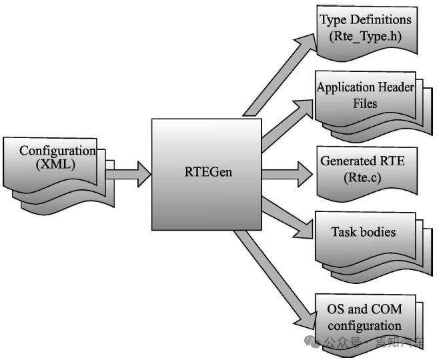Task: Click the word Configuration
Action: pyautogui.click(x=57, y=151)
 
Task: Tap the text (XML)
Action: pyautogui.click(x=57, y=164)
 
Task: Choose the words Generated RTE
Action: pyautogui.click(x=362, y=162)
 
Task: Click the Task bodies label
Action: pyautogui.click(x=364, y=233)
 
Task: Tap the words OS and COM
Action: pyautogui.click(x=364, y=311)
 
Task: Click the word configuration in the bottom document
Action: pyautogui.click(x=364, y=325)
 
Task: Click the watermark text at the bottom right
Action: pyautogui.click(x=374, y=343)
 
